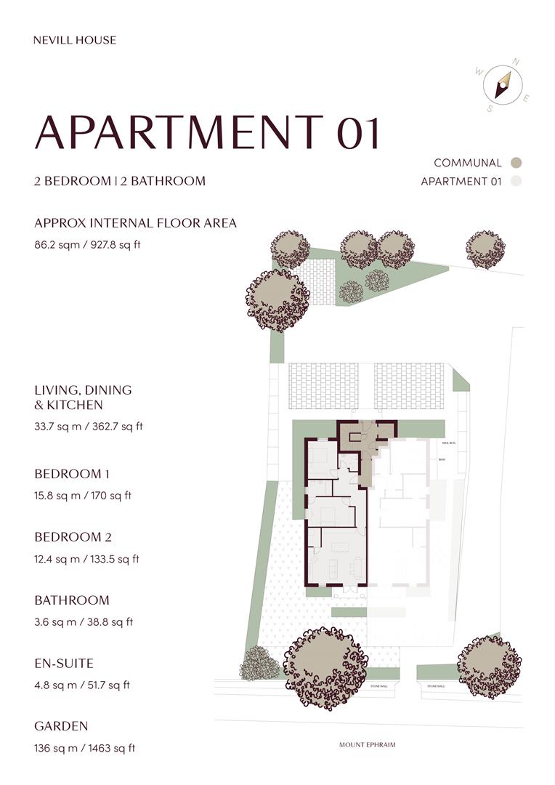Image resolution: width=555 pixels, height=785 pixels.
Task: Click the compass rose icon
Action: [x=502, y=85]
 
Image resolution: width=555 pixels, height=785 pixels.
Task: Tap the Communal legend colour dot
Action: [x=516, y=163]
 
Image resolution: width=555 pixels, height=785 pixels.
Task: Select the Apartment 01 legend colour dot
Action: [x=516, y=182]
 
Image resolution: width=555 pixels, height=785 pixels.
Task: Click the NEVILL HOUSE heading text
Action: [x=75, y=40]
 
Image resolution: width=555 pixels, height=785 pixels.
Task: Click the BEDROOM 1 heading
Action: [x=72, y=474]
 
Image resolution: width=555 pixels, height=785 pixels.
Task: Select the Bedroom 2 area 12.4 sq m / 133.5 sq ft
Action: [x=86, y=559]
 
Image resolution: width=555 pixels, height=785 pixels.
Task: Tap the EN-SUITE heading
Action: [x=64, y=663]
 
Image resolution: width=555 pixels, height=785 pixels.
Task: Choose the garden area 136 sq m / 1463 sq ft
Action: [x=84, y=748]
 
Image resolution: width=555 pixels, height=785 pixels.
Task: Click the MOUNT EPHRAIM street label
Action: [x=367, y=745]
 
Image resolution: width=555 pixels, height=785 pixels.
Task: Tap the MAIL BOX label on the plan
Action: [x=447, y=443]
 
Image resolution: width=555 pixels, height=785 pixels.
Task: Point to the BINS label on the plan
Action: [x=441, y=459]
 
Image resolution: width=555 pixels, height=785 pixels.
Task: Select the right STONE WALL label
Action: [x=436, y=685]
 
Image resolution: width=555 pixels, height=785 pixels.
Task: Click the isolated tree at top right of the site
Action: [x=485, y=250]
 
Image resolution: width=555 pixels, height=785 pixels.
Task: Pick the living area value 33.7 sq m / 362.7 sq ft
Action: [x=89, y=427]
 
